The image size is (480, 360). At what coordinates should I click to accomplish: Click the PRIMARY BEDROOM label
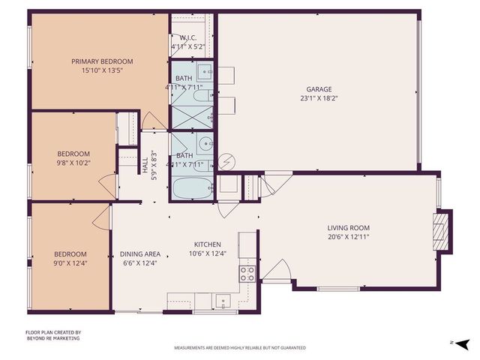click(x=102, y=61)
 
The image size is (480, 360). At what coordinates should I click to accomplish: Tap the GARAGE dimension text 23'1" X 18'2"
click(x=316, y=97)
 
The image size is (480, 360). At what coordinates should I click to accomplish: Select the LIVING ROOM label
click(x=348, y=228)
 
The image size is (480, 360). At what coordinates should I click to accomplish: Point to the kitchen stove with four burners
click(x=247, y=273)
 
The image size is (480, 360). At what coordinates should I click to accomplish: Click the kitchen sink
click(x=222, y=301)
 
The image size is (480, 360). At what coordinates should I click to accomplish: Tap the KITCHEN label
click(x=207, y=244)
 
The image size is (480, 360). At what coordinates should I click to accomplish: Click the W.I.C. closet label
click(x=187, y=38)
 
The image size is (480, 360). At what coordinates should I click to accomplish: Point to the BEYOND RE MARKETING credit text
click(x=52, y=338)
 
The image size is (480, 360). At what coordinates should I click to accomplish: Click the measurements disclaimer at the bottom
click(x=240, y=348)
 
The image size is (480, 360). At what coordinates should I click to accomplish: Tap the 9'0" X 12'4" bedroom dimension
click(x=70, y=263)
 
